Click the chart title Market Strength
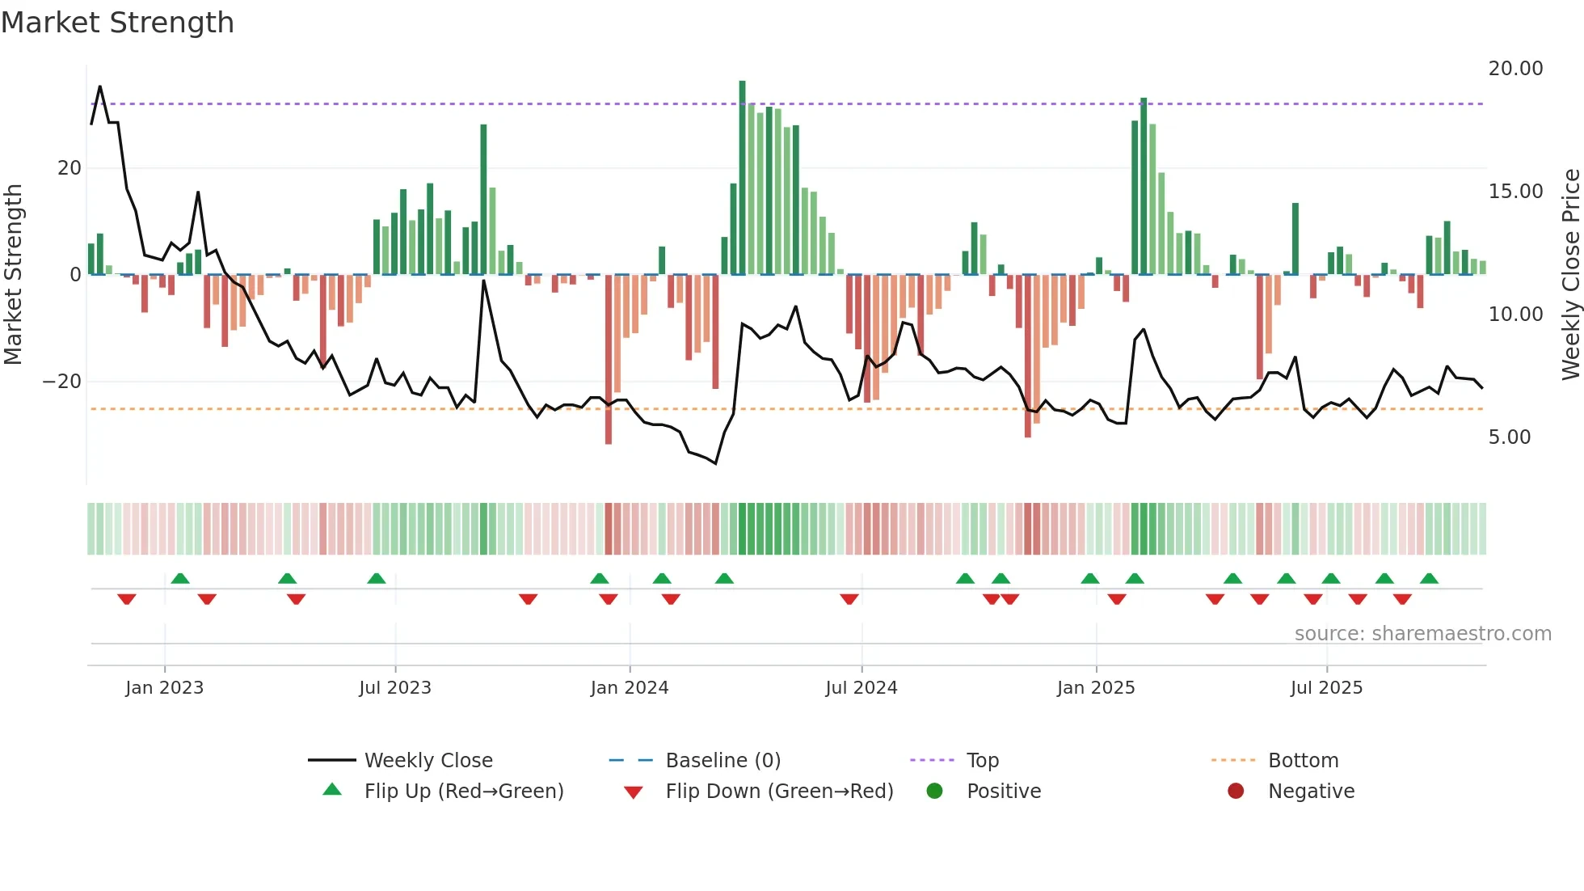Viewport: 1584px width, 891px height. pos(118,23)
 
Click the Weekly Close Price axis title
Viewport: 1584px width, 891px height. pos(1570,275)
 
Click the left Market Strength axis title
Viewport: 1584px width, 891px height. pos(13,275)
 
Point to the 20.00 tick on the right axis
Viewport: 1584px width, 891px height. pos(1515,69)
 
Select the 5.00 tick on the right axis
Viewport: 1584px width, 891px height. pos(1509,437)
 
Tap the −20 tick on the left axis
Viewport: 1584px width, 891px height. pos(62,382)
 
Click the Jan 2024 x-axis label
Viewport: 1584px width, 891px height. pos(630,688)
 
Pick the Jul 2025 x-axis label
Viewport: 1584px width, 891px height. pos(1326,688)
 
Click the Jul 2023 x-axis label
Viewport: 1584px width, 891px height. pos(395,688)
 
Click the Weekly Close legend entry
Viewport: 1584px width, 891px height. pos(428,761)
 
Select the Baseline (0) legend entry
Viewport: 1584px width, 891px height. pos(722,761)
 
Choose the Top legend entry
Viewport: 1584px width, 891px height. pos(982,761)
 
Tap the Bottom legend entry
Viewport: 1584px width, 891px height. pos(1303,761)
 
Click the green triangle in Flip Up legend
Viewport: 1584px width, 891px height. pos(332,790)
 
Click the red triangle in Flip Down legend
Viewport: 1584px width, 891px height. pos(634,792)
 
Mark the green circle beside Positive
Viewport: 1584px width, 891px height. pos(935,791)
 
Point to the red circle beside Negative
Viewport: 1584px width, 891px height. pos(1236,791)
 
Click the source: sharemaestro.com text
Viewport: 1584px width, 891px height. pos(1422,634)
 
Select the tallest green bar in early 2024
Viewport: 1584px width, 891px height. pos(742,178)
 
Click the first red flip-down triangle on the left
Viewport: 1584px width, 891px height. pos(127,599)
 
